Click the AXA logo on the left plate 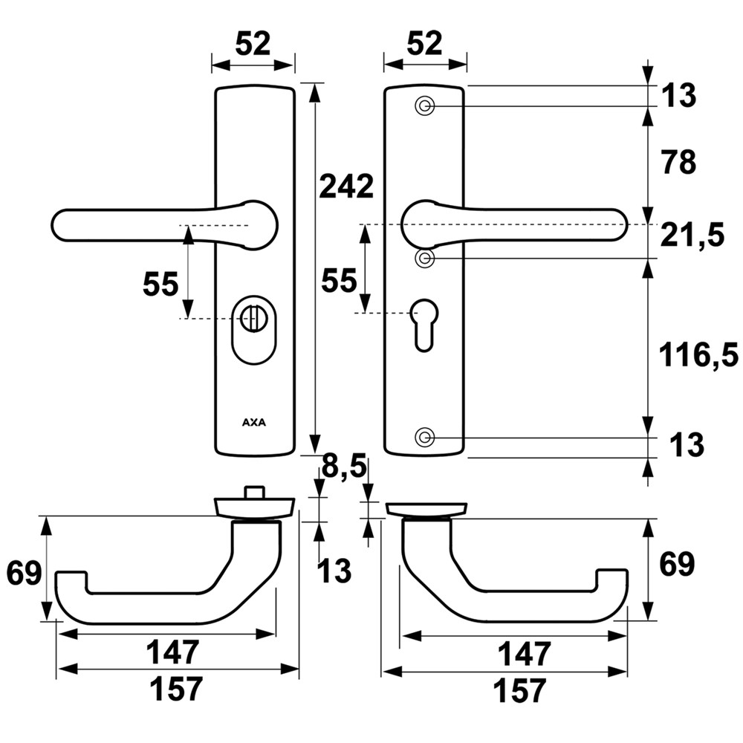(254, 422)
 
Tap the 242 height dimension (347, 186)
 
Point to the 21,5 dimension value (692, 235)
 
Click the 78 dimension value (679, 162)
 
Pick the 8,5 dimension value (344, 467)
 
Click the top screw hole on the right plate (424, 106)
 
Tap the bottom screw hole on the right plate (424, 437)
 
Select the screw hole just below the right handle (424, 259)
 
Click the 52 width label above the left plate (253, 44)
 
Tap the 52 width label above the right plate (424, 43)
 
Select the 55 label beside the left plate (160, 285)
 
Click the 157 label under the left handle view (176, 689)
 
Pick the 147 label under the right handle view (524, 654)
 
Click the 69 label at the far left (25, 574)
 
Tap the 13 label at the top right (679, 95)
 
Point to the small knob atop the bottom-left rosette (253, 492)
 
